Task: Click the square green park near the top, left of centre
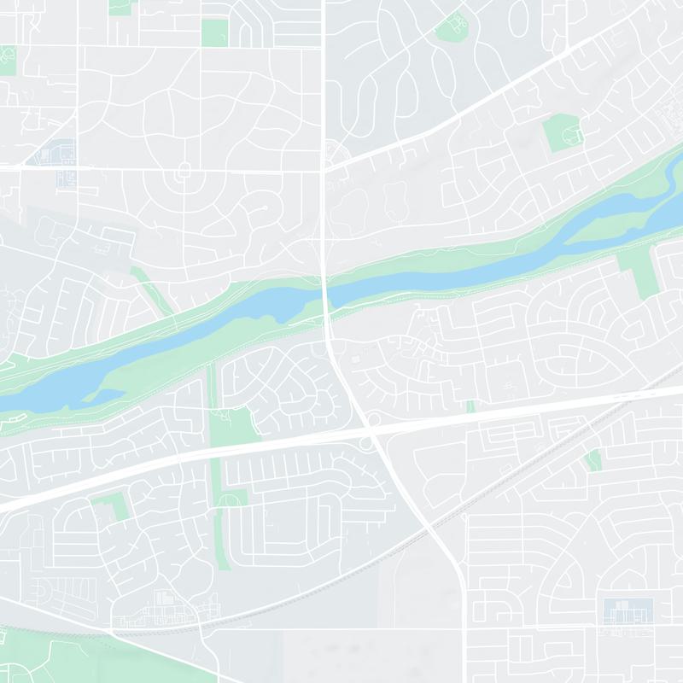click(x=215, y=33)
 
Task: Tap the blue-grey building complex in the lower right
click(x=628, y=611)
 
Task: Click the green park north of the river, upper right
click(x=562, y=133)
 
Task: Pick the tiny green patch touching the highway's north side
click(x=470, y=406)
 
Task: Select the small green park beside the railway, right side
click(x=593, y=460)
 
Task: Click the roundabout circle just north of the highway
click(x=372, y=420)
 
